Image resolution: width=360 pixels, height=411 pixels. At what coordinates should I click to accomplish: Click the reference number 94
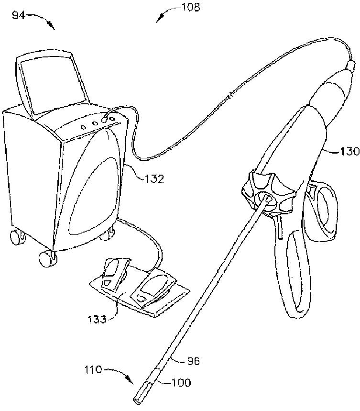point(19,15)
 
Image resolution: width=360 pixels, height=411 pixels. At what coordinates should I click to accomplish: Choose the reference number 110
point(92,369)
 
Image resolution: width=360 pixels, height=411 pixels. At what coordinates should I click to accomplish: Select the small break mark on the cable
point(229,99)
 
